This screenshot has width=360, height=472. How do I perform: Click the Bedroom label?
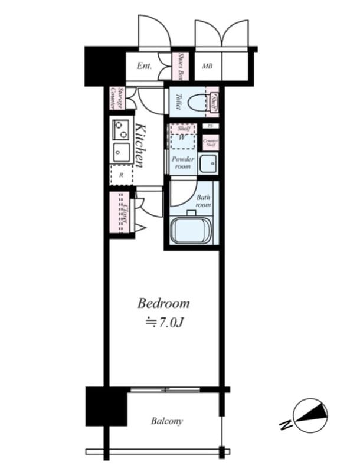click(163, 304)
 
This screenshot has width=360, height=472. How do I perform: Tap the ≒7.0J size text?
click(163, 323)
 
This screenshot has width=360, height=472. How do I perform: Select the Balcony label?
click(166, 421)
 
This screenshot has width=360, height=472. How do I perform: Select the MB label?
click(207, 66)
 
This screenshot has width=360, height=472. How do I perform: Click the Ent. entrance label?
click(145, 66)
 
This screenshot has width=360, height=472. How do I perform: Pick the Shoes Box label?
click(182, 66)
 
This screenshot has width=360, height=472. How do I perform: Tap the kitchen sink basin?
click(121, 152)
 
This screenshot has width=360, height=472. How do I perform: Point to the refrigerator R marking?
click(121, 175)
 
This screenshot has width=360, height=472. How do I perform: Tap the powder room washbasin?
click(208, 163)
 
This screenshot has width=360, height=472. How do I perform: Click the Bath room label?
click(204, 201)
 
